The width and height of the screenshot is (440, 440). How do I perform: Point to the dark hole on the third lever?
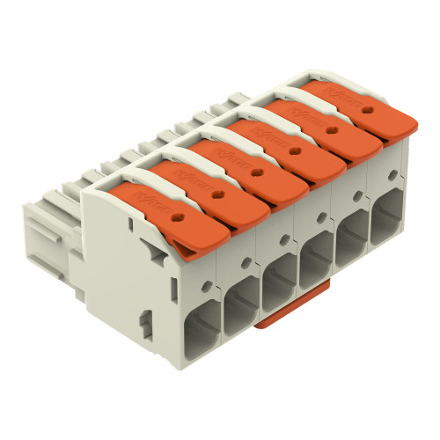click(x=256, y=173)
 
